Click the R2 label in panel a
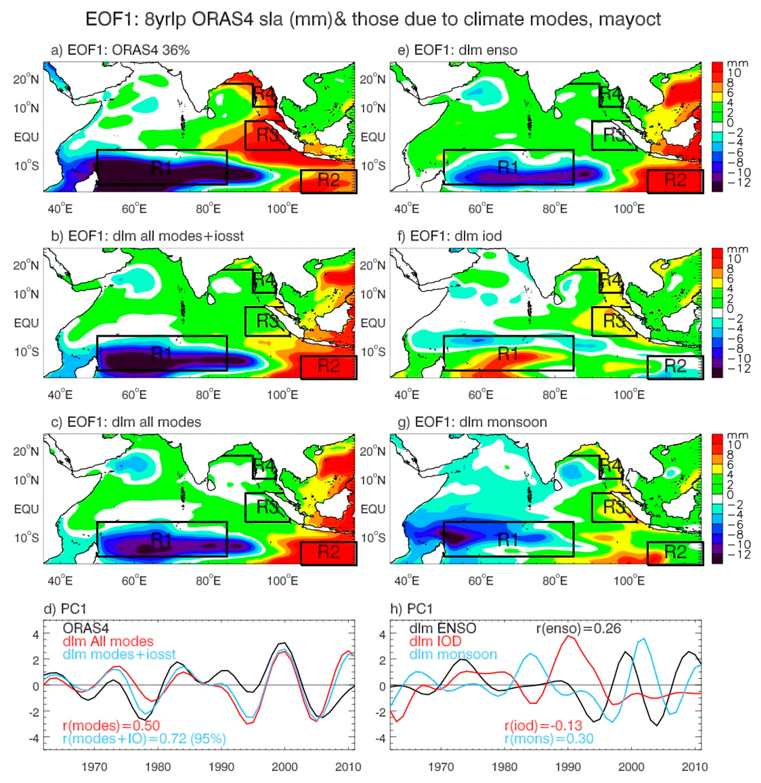coord(329,180)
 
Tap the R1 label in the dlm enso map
coord(508,167)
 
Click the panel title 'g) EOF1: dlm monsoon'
coord(472,422)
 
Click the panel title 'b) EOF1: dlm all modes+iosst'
coord(148,236)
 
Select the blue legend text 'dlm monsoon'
coord(453,654)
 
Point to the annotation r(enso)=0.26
coord(578,629)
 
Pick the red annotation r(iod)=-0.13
coord(543,725)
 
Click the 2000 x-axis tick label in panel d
coord(285,767)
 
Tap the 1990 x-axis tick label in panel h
coord(568,767)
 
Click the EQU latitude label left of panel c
coord(26,509)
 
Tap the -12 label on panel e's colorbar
coord(739,183)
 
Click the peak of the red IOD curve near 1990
coord(568,636)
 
